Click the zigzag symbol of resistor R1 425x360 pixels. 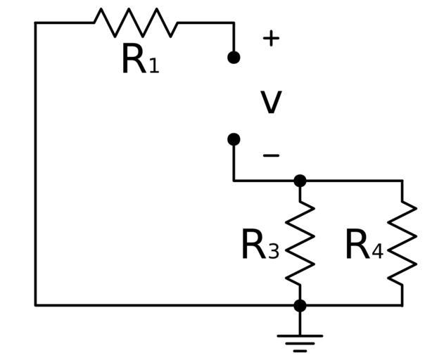coord(135,22)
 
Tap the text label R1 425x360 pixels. coord(140,61)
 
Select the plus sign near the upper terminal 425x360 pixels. coord(271,38)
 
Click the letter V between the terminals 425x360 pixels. coord(271,103)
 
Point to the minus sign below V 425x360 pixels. coord(271,155)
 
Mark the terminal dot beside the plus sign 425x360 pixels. coord(234,57)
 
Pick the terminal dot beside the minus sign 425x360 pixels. coord(234,139)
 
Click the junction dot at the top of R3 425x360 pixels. coord(300,181)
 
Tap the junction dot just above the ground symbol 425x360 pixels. coord(300,305)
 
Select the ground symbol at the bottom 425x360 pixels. coord(300,342)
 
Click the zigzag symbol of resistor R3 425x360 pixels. coord(300,243)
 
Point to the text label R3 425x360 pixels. coord(260,247)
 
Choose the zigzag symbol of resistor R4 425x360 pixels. coord(402,243)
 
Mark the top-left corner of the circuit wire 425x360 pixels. coord(35,22)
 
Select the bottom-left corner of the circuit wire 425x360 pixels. coord(35,305)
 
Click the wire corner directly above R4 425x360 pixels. coord(402,181)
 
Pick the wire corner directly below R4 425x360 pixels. coord(402,305)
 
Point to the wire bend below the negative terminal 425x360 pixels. coord(234,181)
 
